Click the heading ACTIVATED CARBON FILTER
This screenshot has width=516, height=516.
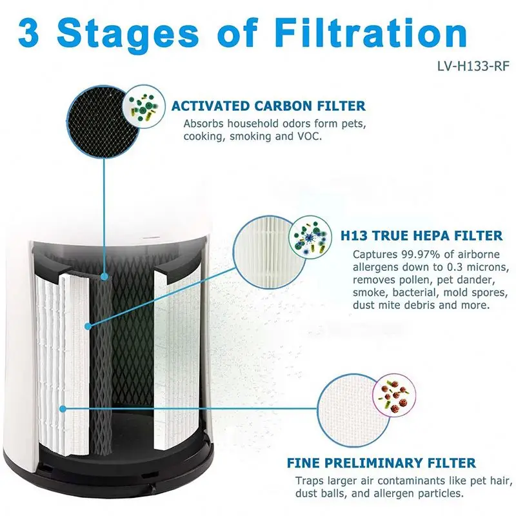pyautogui.click(x=268, y=106)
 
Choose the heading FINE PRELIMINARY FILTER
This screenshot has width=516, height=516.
pyautogui.click(x=382, y=463)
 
